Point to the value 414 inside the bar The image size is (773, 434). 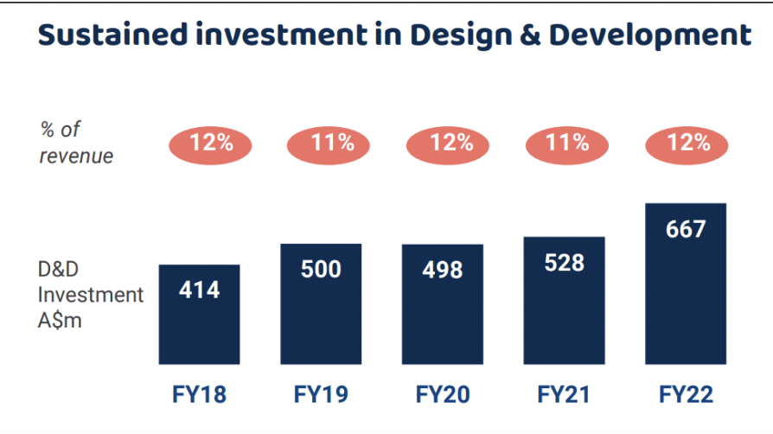tap(200, 289)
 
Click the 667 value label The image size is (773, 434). tap(686, 229)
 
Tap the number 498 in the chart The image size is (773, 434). tap(442, 270)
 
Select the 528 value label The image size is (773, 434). tap(564, 262)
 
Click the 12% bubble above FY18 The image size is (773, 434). tap(210, 144)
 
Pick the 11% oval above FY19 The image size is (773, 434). tap(329, 144)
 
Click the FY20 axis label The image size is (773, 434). tap(443, 394)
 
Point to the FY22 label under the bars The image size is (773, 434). tap(686, 394)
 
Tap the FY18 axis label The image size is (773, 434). tap(200, 394)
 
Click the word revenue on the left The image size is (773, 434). tap(77, 156)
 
